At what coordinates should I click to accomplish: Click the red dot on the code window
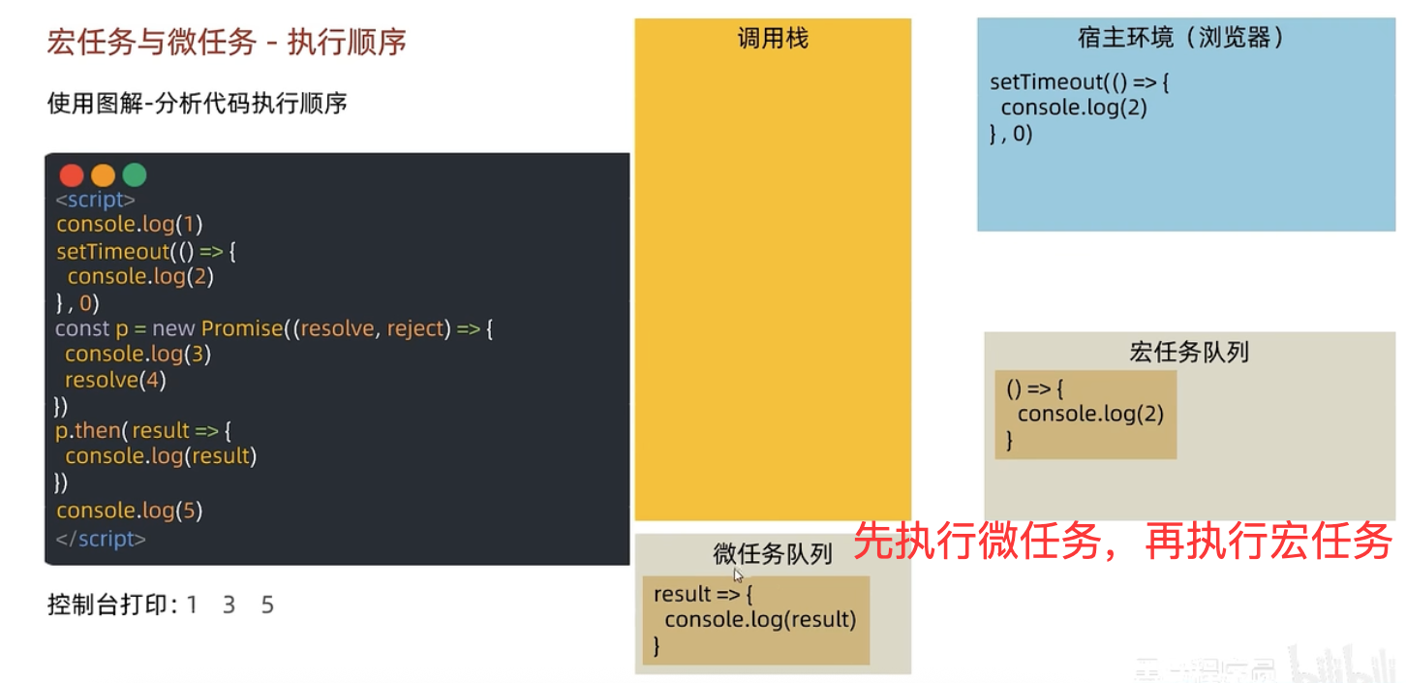72,175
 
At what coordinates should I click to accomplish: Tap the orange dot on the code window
103,175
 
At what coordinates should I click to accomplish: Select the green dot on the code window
135,175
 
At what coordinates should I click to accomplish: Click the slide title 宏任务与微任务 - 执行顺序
227,42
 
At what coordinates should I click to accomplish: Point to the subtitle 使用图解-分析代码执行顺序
197,103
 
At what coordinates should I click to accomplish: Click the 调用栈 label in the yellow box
772,39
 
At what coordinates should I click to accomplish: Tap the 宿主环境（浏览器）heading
1180,38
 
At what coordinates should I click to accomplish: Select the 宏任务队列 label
1189,352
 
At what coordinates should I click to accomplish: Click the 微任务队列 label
773,554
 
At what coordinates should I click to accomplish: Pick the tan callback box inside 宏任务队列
1085,415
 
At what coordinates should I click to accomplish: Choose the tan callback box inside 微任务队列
755,620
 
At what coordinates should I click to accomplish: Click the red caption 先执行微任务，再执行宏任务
1122,541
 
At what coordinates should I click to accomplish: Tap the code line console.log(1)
130,225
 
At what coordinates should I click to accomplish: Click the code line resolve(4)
115,380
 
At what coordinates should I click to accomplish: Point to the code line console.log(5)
130,511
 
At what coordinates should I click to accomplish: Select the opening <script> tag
95,200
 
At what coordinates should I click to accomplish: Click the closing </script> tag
101,539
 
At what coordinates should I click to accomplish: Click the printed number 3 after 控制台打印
229,605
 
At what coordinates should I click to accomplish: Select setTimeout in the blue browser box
1046,82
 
